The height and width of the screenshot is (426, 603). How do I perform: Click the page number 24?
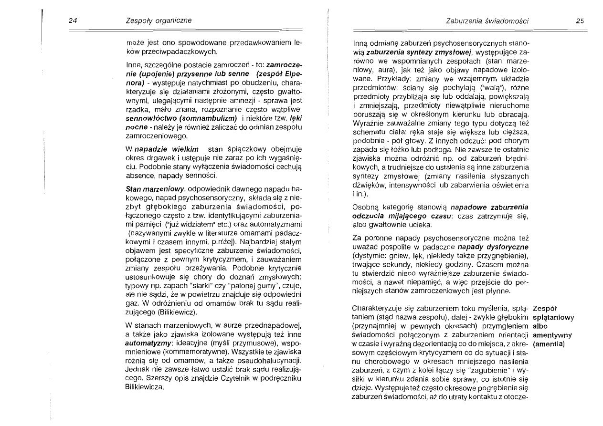coord(73,20)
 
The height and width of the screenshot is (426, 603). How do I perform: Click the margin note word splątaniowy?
coord(553,318)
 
